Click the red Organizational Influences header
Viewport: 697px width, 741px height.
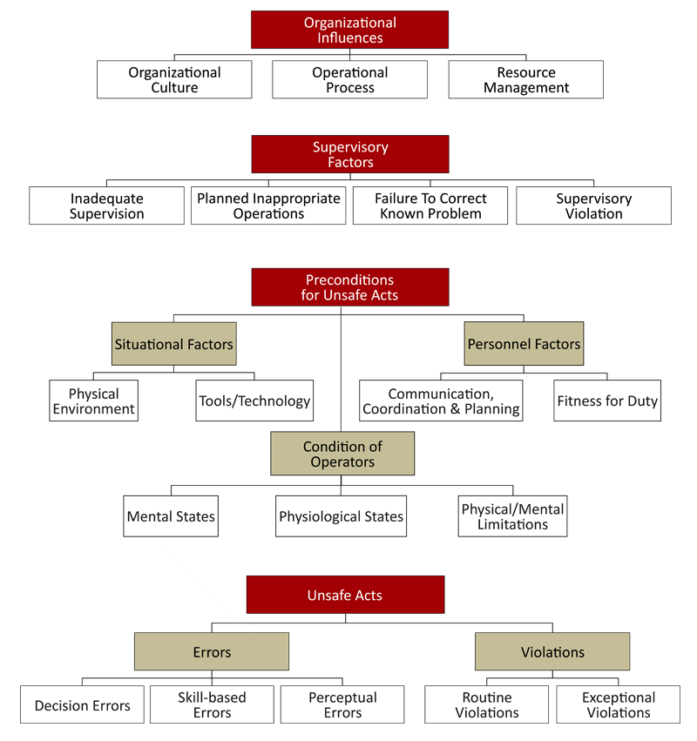349,30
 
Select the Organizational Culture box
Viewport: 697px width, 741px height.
174,80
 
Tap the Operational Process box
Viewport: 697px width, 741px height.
349,80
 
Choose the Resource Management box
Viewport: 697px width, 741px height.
525,80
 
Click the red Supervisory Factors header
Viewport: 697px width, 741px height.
349,154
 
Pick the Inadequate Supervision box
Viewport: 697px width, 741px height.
106,206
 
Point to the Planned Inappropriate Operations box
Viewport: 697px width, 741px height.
268,206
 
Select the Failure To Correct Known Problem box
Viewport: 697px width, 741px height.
430,206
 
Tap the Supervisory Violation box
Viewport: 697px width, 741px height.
593,206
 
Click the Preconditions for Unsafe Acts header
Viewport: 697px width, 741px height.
349,287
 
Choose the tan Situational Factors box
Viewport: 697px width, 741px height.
173,344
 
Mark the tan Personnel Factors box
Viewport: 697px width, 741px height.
524,344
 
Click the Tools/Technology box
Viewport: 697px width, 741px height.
254,401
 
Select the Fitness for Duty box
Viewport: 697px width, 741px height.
607,401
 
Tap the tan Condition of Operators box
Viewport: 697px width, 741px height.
342,454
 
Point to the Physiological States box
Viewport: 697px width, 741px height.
341,516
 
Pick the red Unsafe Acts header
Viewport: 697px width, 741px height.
345,596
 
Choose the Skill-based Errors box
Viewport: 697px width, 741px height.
212,704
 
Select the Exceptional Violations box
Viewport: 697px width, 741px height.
618,704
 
